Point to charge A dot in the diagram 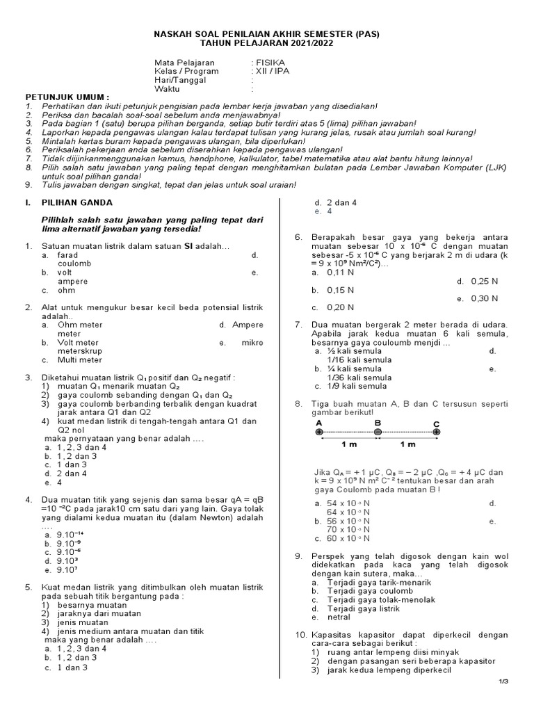tap(318, 432)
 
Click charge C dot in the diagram tap(436, 432)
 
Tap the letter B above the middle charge tap(378, 422)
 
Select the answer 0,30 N tap(485, 298)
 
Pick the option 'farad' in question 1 tap(68, 255)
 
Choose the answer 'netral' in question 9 tap(339, 617)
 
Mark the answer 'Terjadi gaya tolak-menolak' tap(382, 599)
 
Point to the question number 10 tap(300, 635)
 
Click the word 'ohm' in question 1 tap(65, 291)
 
